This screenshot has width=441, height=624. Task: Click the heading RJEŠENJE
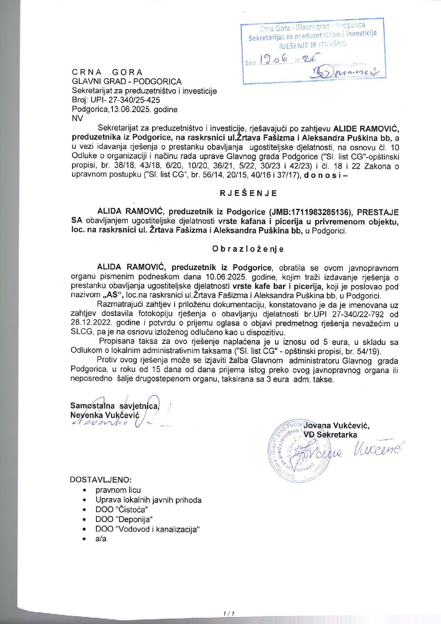click(248, 193)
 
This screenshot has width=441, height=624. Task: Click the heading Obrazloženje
click(248, 249)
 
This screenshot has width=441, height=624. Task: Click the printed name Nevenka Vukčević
click(105, 415)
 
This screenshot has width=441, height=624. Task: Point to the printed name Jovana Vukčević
click(336, 426)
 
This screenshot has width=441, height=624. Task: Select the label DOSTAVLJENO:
click(101, 480)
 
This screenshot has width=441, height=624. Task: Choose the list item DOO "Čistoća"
click(122, 509)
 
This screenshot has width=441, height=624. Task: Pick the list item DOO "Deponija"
click(124, 519)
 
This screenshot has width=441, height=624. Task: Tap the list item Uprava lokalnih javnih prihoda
click(148, 500)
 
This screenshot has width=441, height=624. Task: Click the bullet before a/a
click(85, 539)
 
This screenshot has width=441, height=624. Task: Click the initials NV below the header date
click(78, 118)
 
